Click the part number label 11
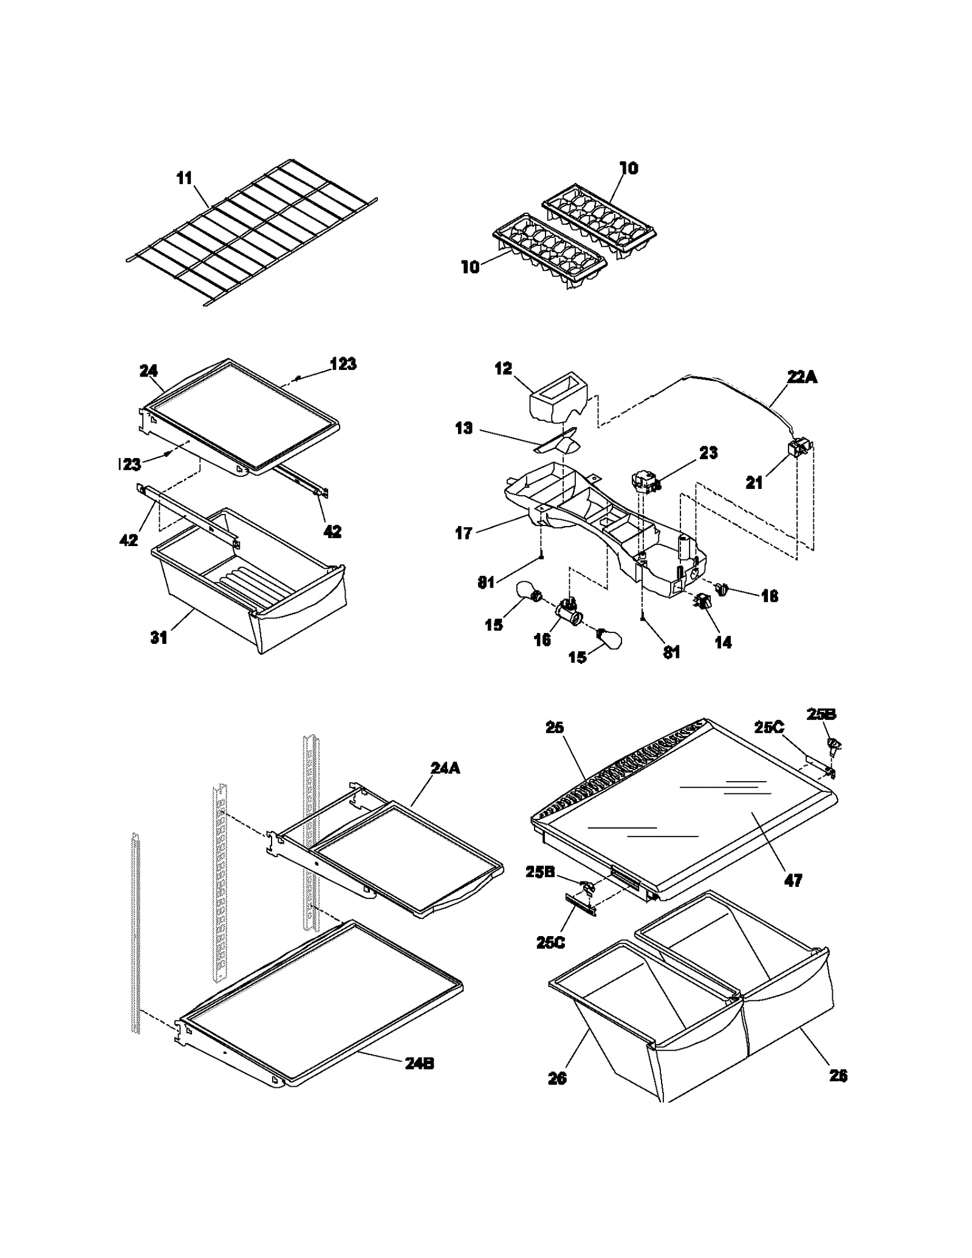coord(184,178)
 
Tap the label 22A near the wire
coord(802,377)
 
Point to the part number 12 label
coord(503,369)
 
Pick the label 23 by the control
coord(708,453)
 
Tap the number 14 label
coord(723,642)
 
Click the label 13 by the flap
coord(464,428)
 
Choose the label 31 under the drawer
coord(159,638)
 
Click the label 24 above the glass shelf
coord(149,371)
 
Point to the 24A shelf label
coord(445,768)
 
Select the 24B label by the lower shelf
coord(419,1064)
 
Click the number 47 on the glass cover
coord(793,880)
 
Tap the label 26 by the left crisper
coord(557,1078)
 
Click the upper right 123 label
coord(343,364)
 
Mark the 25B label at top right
coord(821,715)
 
